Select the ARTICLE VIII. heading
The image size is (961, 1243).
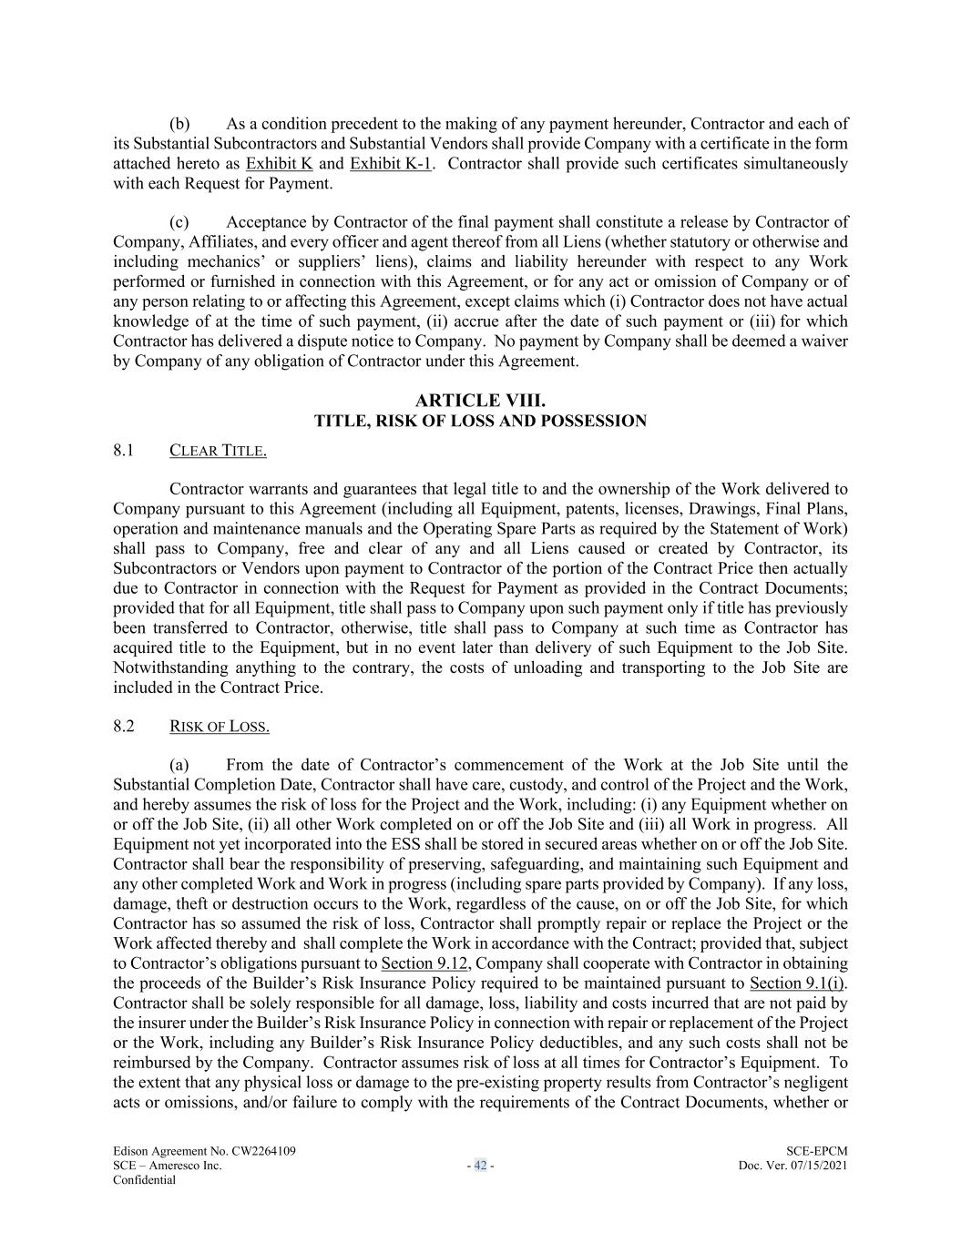480,401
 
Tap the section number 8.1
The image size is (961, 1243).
124,450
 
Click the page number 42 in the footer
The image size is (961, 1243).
480,1166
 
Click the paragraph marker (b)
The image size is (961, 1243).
179,124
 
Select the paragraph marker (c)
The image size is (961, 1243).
179,222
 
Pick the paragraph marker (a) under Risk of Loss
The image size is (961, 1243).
179,765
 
